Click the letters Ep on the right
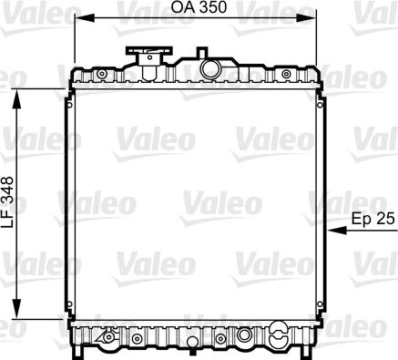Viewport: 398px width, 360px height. click(361, 219)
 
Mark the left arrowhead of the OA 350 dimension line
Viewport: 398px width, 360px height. click(76, 18)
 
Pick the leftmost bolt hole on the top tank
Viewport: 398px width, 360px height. click(102, 73)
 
